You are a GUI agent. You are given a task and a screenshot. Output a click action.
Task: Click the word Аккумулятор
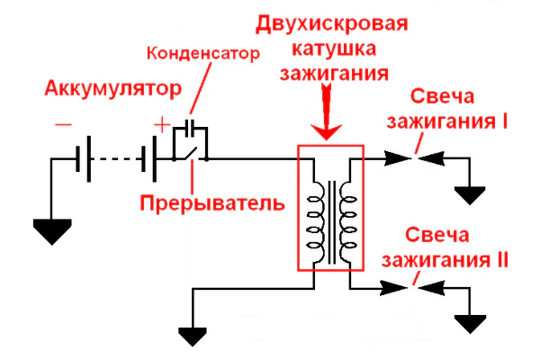click(x=112, y=90)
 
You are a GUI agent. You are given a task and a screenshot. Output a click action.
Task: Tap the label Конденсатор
click(x=202, y=52)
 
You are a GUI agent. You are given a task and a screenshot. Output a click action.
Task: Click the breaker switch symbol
click(x=191, y=155)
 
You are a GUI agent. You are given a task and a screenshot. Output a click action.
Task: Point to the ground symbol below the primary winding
click(x=192, y=335)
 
